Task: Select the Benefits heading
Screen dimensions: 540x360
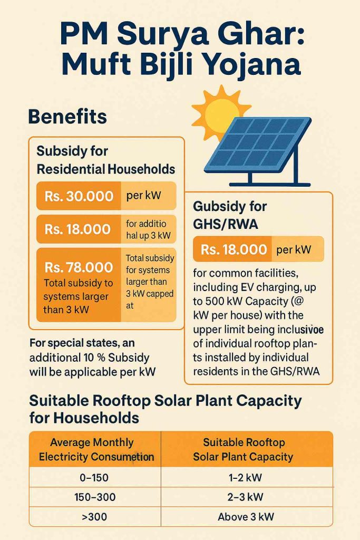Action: (67, 116)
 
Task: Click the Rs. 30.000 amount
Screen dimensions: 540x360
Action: (79, 196)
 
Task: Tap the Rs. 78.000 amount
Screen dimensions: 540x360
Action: (79, 267)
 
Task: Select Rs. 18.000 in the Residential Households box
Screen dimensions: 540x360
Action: (78, 229)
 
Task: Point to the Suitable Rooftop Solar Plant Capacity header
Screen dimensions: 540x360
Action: (244, 449)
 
